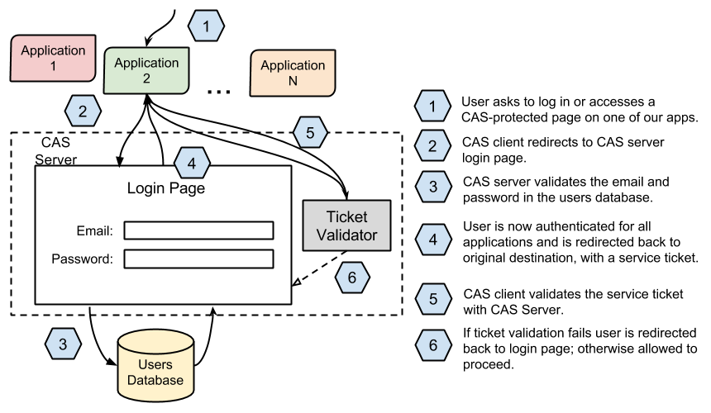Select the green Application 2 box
coord(146,70)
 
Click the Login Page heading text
coord(165,188)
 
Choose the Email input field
coord(198,230)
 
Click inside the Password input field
coord(198,259)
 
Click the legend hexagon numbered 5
coord(432,302)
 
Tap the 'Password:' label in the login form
coord(82,259)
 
